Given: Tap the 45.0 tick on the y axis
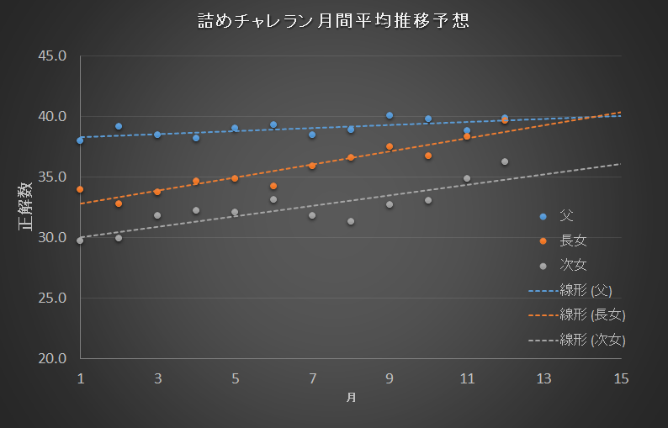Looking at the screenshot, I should [52, 55].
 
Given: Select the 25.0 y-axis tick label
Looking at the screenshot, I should [52, 298].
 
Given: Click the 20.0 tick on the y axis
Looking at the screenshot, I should [52, 358].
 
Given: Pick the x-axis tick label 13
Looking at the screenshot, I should [544, 378].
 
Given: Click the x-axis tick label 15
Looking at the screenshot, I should [621, 378].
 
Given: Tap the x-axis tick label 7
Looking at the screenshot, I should [312, 378].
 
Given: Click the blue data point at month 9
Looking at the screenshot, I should [390, 115].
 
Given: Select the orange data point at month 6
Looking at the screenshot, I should [273, 186].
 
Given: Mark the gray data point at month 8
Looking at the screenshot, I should [351, 221].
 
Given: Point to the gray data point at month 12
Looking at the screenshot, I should [505, 161].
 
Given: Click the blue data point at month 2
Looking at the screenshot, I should [119, 126].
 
